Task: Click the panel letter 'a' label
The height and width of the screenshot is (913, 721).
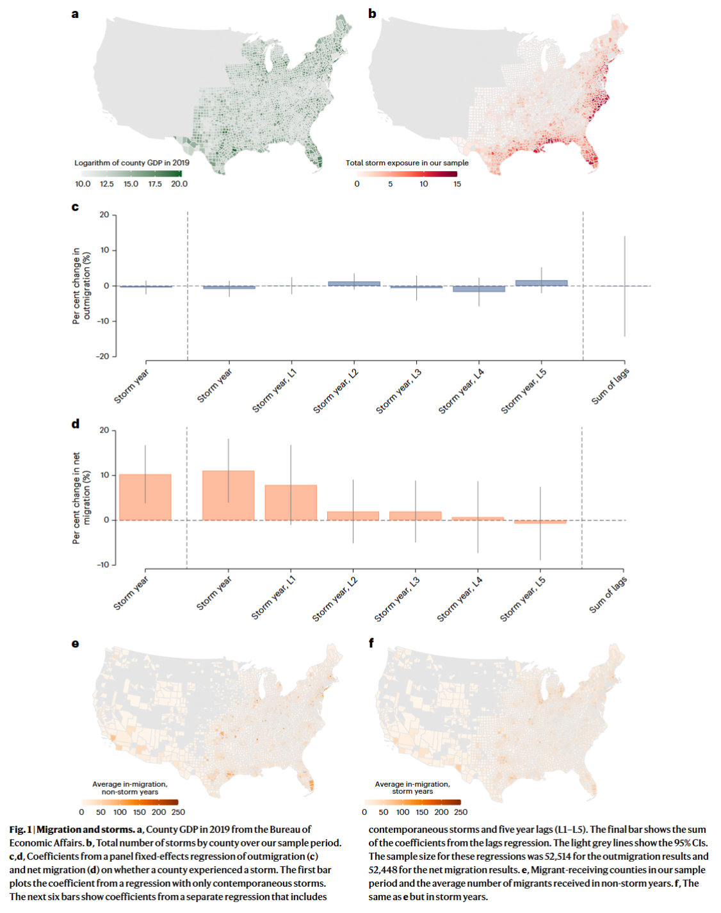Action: [x=75, y=14]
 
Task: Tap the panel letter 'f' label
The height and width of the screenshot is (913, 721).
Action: [x=371, y=643]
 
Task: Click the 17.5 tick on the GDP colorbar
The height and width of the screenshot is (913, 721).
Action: [x=155, y=184]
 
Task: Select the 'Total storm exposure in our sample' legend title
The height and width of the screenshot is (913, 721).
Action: [x=407, y=163]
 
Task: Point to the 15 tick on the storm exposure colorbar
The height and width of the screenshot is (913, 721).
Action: [x=457, y=184]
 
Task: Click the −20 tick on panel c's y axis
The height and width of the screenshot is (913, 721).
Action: [x=103, y=356]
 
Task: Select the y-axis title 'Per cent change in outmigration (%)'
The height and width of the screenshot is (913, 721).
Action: [x=81, y=286]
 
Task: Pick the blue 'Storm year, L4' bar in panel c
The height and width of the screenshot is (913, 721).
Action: [x=478, y=289]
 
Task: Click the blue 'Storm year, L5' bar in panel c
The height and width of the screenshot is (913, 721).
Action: [x=541, y=283]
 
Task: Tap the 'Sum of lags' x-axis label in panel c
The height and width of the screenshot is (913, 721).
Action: [x=610, y=386]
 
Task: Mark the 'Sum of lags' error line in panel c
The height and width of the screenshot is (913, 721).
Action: [x=624, y=286]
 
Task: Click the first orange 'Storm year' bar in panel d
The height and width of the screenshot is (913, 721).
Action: [x=145, y=497]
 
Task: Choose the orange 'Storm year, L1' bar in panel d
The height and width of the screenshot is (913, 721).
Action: [x=291, y=502]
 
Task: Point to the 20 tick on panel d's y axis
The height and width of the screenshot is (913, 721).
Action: [x=104, y=430]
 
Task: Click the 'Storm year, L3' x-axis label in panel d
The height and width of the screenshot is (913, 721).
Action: [x=397, y=599]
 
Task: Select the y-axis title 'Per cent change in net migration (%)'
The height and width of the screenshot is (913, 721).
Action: [x=81, y=498]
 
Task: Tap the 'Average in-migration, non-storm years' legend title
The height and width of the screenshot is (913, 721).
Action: [x=129, y=787]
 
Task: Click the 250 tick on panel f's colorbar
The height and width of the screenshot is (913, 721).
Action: [x=460, y=812]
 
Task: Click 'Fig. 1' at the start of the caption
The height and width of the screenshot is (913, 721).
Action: [x=20, y=829]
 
